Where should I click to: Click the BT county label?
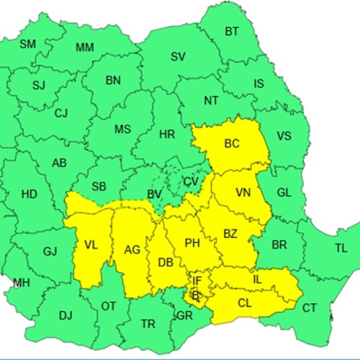click(232, 31)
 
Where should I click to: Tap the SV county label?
click(178, 57)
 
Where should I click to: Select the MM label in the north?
click(84, 48)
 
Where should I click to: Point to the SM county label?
click(27, 44)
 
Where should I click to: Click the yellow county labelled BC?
click(231, 143)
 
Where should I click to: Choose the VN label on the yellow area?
click(243, 193)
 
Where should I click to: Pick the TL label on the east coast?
click(341, 248)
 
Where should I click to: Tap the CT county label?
click(309, 308)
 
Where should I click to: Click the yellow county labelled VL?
click(91, 245)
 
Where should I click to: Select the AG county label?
click(132, 250)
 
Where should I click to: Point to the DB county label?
click(166, 262)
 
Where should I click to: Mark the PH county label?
click(192, 243)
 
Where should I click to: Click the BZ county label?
click(230, 234)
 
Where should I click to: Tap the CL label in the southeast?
click(245, 303)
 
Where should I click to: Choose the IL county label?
click(257, 279)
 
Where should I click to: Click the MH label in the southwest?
click(22, 283)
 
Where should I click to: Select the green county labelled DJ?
click(66, 315)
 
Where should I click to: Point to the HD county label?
click(30, 194)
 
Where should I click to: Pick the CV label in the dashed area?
click(190, 181)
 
